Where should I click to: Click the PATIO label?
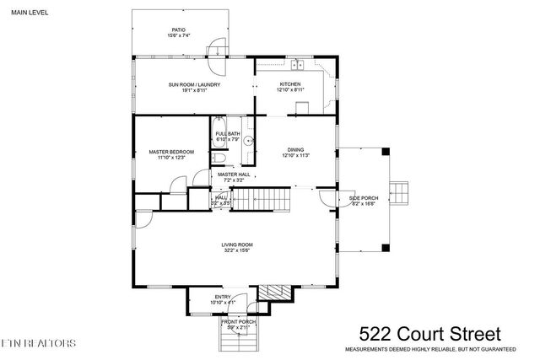tap(178, 30)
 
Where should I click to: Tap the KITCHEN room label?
tap(290, 84)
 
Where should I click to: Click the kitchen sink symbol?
tap(298, 65)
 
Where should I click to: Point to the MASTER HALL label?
tap(234, 175)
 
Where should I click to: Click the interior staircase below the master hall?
tap(261, 201)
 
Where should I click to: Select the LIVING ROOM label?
tap(237, 244)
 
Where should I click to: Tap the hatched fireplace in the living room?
tap(273, 291)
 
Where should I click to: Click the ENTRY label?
tap(222, 297)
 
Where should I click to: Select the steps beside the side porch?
tap(402, 195)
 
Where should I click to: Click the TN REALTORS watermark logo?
tap(39, 344)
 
